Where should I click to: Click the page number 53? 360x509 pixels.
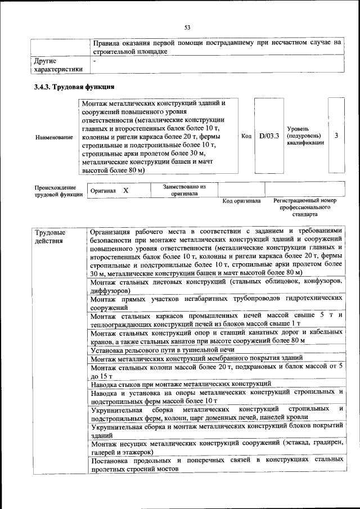[187, 26]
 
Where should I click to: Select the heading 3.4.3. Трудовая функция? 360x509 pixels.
[74, 87]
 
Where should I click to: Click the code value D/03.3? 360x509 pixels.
[269, 136]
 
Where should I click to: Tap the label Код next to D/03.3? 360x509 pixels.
[246, 136]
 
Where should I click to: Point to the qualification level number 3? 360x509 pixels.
[336, 136]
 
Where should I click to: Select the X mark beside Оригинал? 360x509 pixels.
[125, 191]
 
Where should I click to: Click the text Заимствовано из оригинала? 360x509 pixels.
[184, 190]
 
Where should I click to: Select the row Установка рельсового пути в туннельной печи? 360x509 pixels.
[162, 349]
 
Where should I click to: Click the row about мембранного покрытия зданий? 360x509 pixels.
[196, 358]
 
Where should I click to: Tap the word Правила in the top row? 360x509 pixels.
[106, 42]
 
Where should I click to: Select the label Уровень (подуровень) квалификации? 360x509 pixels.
[305, 136]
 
